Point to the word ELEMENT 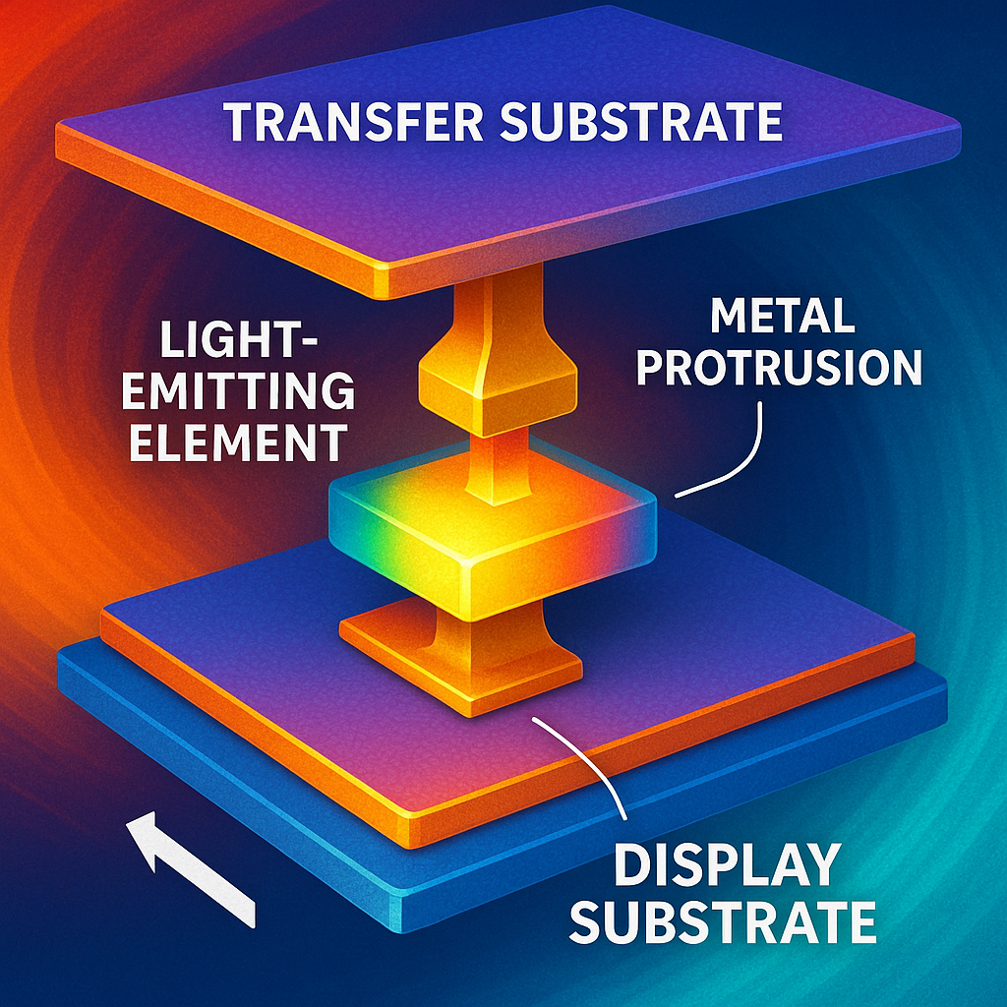(x=239, y=442)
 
